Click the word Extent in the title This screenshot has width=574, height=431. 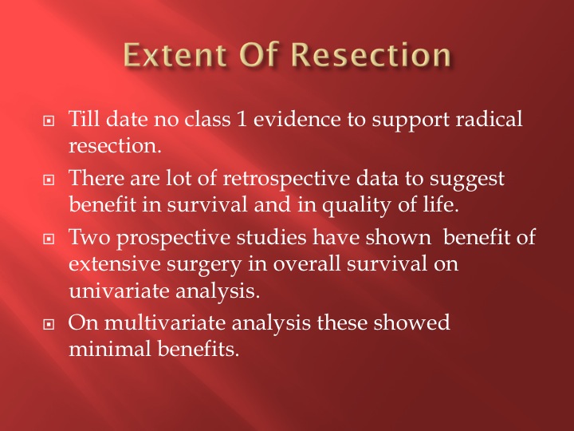175,54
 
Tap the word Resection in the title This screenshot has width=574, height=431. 371,54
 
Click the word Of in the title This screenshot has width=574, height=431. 259,54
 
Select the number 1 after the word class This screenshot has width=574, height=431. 242,120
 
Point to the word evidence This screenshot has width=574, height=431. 297,120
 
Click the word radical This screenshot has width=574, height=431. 489,120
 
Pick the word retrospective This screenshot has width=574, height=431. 286,180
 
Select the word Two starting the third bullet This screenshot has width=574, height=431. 89,238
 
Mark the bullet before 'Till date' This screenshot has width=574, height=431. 49,121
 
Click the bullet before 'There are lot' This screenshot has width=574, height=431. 49,180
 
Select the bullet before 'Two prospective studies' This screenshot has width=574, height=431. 49,239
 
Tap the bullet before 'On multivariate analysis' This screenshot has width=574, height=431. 49,324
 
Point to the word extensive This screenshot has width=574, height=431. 115,264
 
